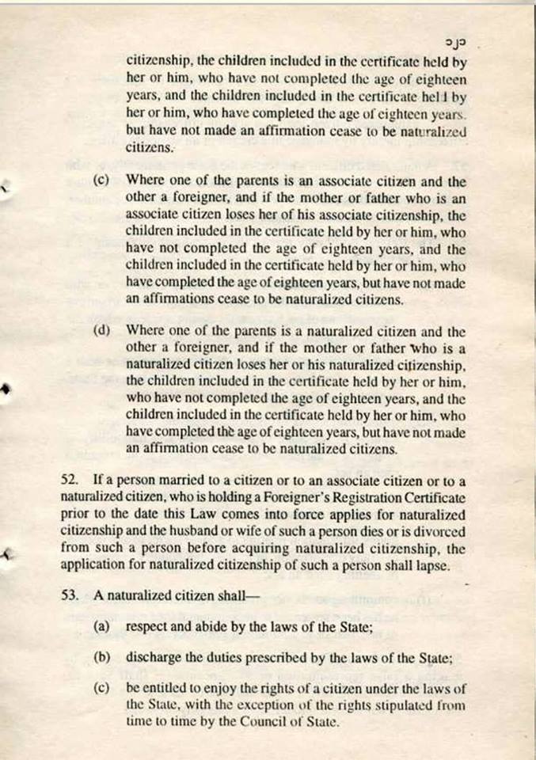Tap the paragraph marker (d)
click(x=101, y=329)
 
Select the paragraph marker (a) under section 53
click(x=101, y=626)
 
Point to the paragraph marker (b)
click(x=101, y=657)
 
